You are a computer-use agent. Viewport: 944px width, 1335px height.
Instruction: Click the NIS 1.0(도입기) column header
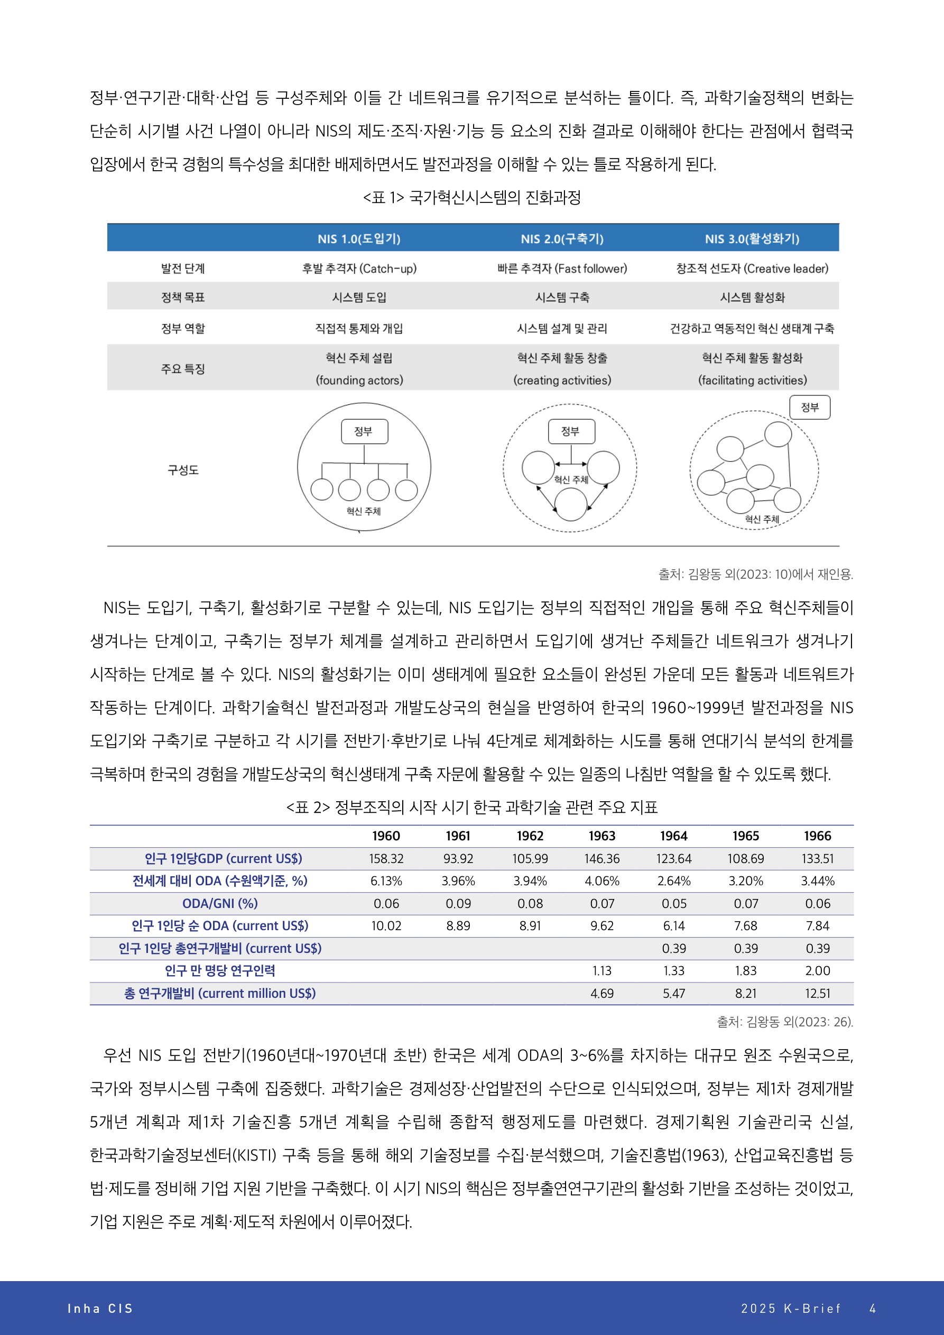359,238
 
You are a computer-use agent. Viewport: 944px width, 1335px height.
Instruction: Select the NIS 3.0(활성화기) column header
752,238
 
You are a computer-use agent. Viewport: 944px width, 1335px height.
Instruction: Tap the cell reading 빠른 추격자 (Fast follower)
562,268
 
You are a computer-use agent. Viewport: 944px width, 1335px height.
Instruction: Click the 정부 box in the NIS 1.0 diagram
364,431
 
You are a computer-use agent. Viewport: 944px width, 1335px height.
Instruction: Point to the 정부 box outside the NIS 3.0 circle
810,407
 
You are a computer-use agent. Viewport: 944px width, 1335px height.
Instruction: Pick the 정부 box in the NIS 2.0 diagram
571,431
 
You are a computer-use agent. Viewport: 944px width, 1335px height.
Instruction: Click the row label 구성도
183,470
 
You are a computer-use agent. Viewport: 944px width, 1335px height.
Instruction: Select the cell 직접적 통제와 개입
359,329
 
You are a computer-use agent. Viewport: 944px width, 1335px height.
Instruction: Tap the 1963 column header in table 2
601,836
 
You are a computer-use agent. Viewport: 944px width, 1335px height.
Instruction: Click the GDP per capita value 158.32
386,859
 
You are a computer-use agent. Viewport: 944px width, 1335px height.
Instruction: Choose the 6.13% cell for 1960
386,881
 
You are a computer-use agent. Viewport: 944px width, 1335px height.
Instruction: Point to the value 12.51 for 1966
817,993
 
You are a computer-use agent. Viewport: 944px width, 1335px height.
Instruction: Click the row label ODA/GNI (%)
220,904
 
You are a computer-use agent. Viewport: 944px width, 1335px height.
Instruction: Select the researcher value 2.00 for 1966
817,970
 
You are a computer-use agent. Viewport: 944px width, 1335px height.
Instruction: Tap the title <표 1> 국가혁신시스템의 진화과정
471,198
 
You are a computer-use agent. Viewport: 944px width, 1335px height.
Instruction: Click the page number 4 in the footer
873,1308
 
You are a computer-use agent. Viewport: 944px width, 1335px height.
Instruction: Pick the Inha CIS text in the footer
100,1308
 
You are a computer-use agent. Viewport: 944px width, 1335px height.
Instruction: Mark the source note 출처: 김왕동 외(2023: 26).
784,1022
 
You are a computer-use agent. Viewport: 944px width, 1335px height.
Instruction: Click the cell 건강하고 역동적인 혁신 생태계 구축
752,329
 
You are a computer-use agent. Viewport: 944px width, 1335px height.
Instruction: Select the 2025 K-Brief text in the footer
790,1308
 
